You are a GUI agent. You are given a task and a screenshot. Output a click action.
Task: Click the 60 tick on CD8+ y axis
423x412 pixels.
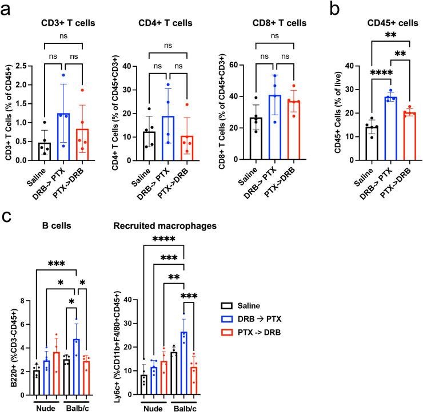(x=226, y=66)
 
